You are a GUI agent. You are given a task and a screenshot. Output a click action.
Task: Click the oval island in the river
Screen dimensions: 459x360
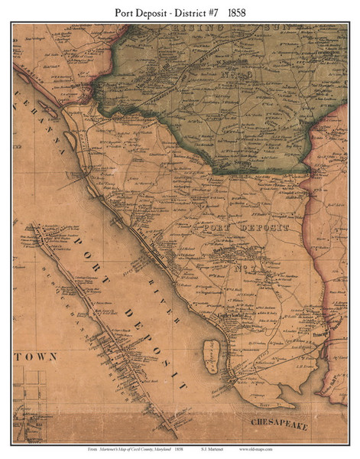tap(211, 356)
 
